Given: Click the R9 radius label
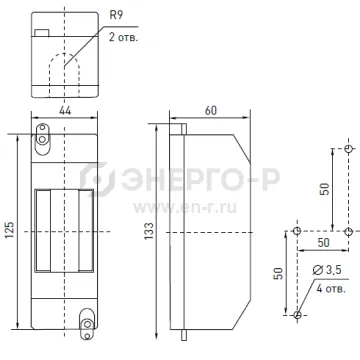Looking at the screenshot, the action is (x=115, y=16).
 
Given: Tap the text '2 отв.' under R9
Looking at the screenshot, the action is (x=123, y=37).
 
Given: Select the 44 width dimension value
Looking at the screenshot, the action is (x=65, y=110).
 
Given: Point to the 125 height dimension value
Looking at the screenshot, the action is (x=10, y=230).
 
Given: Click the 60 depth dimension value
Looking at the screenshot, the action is (x=211, y=110).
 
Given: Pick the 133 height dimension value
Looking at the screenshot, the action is (x=149, y=231).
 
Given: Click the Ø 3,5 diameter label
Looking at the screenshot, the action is (x=327, y=270).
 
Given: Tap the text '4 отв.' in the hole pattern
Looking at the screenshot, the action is (x=331, y=288).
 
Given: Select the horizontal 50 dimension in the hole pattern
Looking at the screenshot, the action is (x=323, y=243).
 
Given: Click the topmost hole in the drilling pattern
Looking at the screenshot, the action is (x=349, y=149).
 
